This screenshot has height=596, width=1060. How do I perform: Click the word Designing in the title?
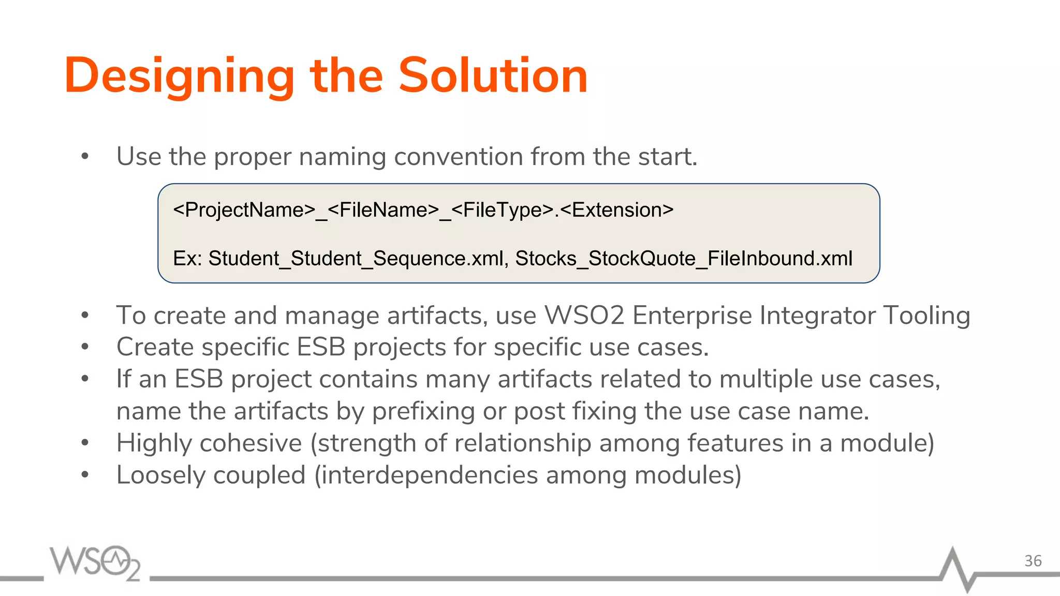(179, 77)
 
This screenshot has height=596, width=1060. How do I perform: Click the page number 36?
(1033, 561)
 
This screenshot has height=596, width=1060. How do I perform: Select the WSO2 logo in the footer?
(95, 562)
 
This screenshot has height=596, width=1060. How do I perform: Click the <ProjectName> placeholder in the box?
(244, 210)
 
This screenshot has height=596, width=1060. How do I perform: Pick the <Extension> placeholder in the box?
(617, 210)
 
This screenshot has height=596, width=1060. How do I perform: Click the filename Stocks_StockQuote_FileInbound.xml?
(683, 258)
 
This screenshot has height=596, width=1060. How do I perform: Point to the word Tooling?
(926, 316)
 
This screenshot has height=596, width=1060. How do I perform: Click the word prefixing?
(423, 412)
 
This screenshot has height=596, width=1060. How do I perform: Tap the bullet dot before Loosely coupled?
(85, 474)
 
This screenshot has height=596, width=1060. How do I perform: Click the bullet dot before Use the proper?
(85, 157)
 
